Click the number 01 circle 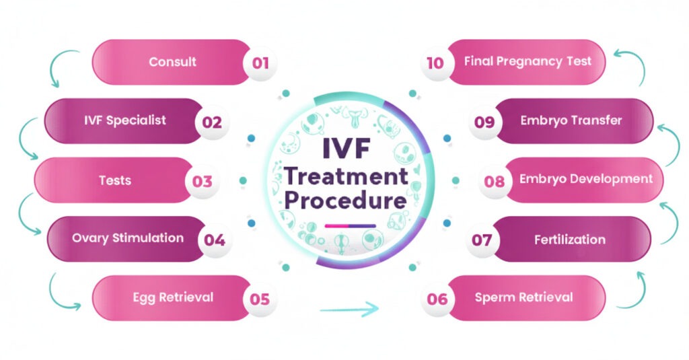(x=260, y=63)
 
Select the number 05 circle (x=260, y=298)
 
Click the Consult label (x=173, y=62)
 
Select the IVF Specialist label (x=125, y=121)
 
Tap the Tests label (x=114, y=180)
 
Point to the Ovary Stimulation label (x=128, y=238)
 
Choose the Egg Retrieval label (x=172, y=297)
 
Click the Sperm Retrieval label (x=523, y=297)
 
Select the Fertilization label (x=570, y=240)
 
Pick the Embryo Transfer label (x=571, y=121)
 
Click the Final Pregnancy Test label (x=528, y=61)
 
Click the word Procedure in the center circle (x=346, y=201)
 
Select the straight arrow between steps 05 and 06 (x=349, y=310)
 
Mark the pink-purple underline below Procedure (x=350, y=225)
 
